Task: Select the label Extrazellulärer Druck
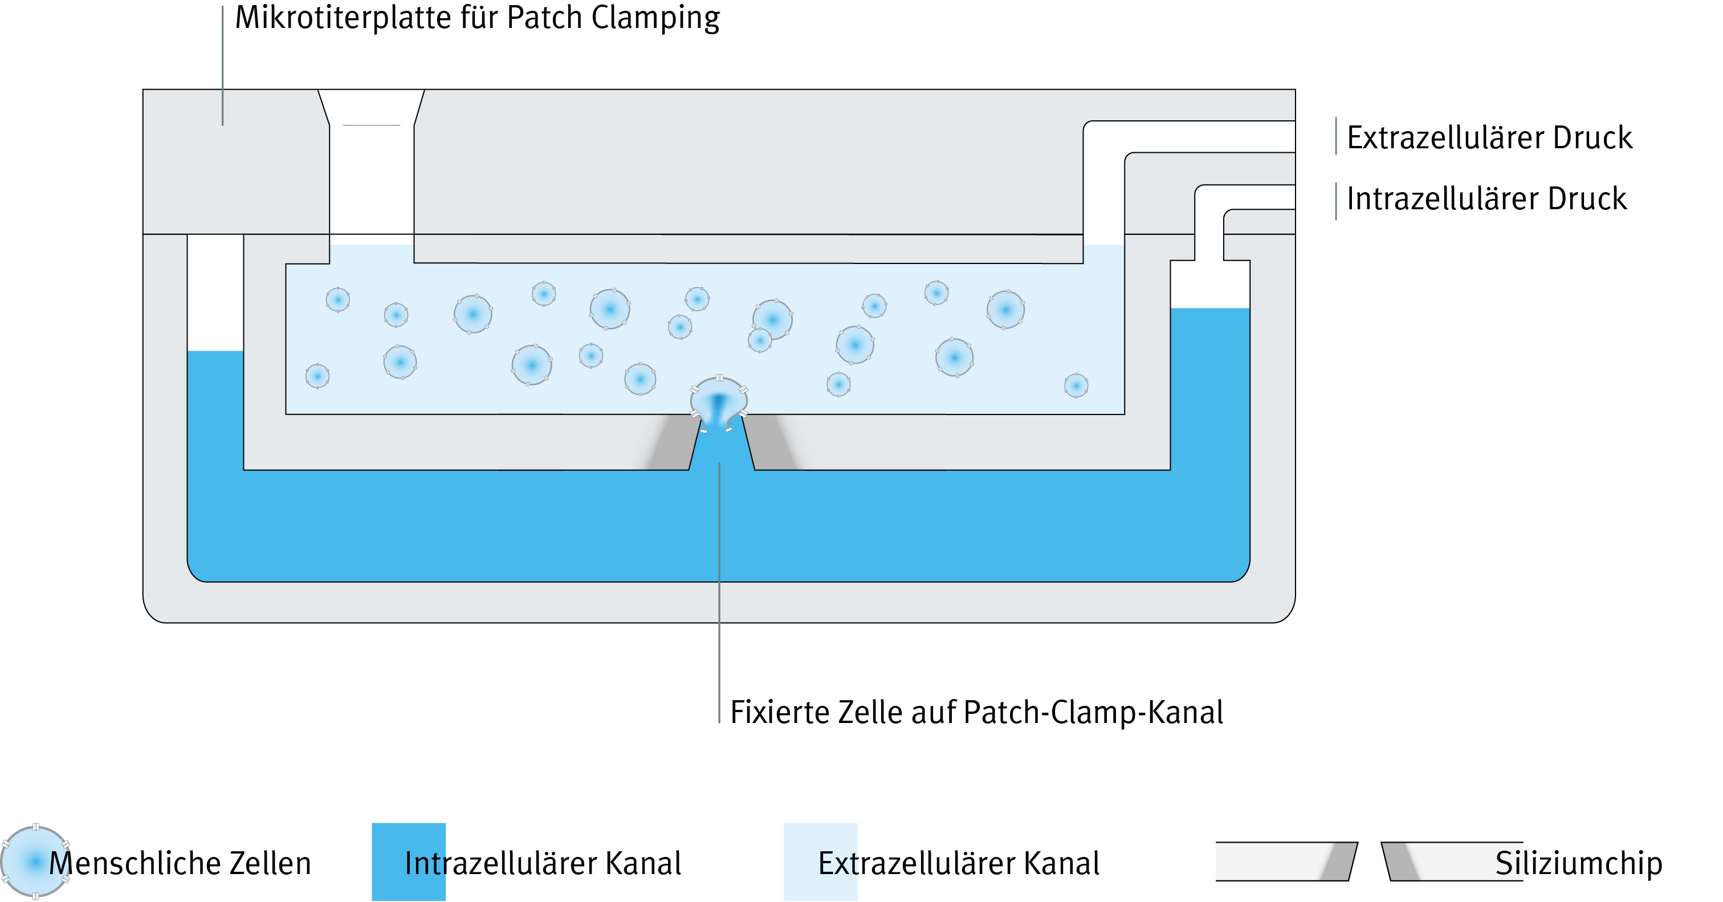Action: (1489, 137)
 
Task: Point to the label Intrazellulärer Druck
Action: (1486, 199)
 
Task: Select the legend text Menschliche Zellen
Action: (181, 863)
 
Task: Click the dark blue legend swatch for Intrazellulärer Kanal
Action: (388, 862)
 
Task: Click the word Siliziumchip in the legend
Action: (1579, 863)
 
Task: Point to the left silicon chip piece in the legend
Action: (1284, 861)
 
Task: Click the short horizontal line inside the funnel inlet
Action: (371, 125)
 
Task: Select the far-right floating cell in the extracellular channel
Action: (1076, 385)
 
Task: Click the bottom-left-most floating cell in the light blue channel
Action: (317, 376)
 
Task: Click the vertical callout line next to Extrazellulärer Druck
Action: (1336, 136)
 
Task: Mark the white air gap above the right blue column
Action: (1209, 285)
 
